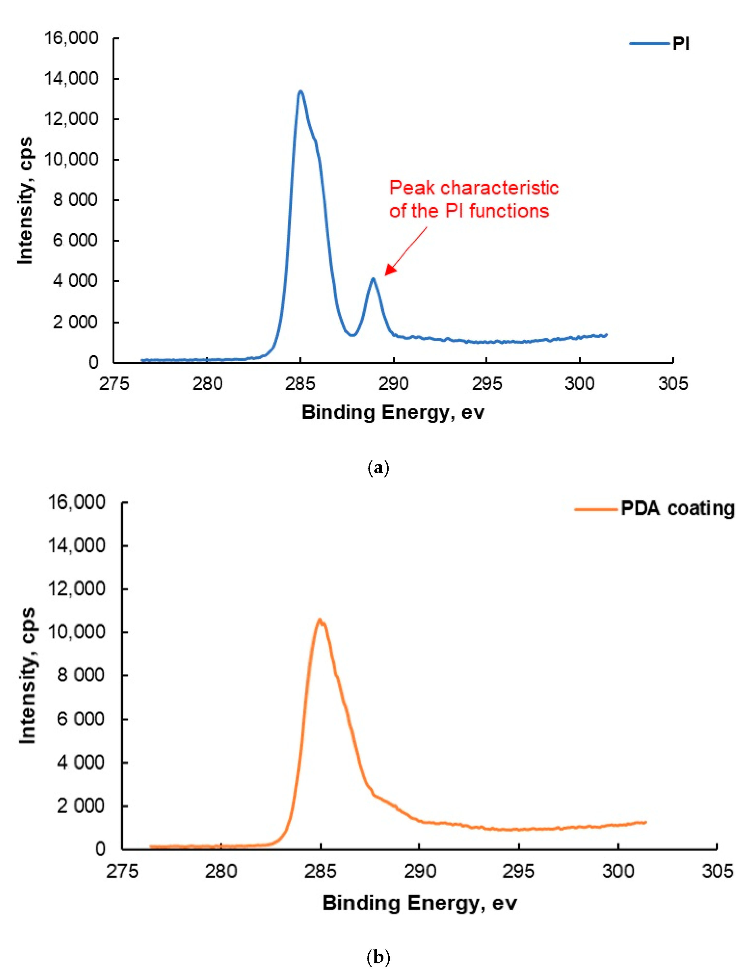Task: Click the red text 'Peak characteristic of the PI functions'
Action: pos(473,199)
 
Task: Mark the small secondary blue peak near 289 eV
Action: pos(373,279)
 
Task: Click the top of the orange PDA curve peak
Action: pos(320,620)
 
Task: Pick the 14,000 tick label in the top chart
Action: pos(71,79)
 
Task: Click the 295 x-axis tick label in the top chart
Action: pos(486,384)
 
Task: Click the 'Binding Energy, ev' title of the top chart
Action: pos(393,412)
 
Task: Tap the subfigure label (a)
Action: pos(378,468)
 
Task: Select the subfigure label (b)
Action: pos(378,957)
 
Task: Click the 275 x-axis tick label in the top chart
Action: pos(114,384)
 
